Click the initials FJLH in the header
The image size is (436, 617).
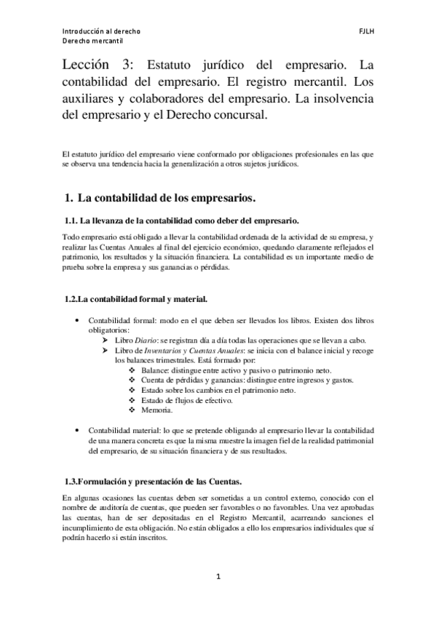(365, 32)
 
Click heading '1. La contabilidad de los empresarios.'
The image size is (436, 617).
(160, 197)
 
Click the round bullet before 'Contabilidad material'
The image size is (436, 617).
(78, 430)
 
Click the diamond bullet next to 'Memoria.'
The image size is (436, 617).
(131, 410)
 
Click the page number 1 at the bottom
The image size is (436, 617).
(217, 577)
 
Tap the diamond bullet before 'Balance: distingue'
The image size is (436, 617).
(131, 370)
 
